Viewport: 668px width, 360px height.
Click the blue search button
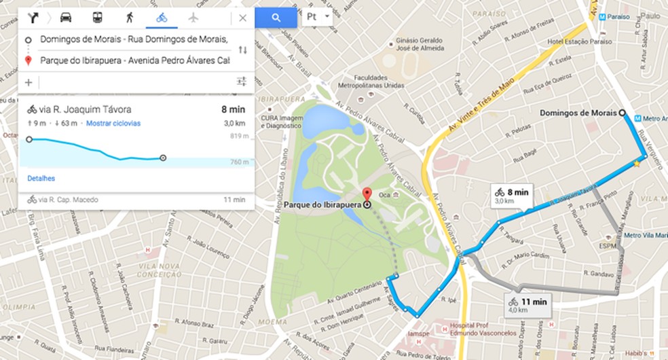(276, 18)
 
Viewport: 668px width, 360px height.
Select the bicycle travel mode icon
(162, 18)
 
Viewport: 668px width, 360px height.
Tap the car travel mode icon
(66, 18)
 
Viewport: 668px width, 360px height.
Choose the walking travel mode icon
(129, 18)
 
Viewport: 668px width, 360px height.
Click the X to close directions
(242, 18)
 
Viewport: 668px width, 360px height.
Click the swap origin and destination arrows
(242, 50)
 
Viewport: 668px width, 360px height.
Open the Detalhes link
(41, 178)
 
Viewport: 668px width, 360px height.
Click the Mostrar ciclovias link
(113, 124)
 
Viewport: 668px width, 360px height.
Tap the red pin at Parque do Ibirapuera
(367, 194)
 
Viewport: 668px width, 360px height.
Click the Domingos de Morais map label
(578, 112)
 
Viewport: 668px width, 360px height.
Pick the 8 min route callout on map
(513, 196)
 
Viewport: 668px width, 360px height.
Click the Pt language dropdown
(317, 16)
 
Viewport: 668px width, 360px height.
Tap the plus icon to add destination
(29, 82)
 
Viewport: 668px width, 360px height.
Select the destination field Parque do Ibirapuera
(134, 60)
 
